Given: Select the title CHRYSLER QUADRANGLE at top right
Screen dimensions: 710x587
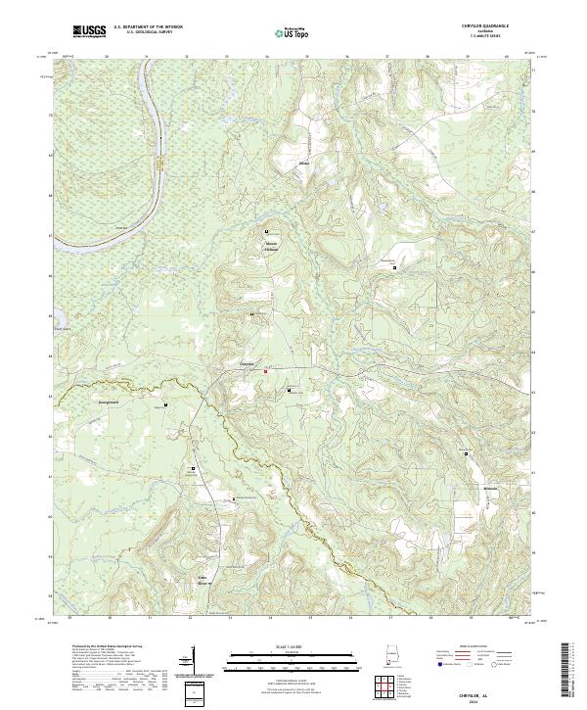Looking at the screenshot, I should point(487,25).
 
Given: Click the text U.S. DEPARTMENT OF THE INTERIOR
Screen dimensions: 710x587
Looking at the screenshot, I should point(147,27).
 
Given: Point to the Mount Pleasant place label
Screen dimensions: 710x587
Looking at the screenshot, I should point(271,247).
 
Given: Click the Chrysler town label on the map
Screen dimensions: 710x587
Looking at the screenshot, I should point(248,364).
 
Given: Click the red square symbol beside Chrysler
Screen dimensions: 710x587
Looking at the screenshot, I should point(263,370).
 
